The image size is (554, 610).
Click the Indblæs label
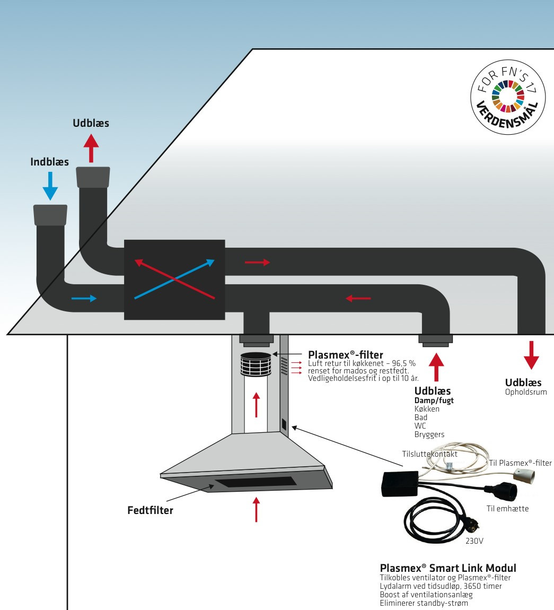click(49, 162)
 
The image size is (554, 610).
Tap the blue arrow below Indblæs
click(50, 185)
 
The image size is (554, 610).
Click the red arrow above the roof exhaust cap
click(91, 147)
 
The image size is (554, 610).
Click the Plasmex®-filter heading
click(346, 354)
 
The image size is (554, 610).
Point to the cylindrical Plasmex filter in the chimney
click(257, 364)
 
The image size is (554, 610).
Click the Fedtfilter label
click(150, 510)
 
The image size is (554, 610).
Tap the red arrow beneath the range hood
click(257, 509)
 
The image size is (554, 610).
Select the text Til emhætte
click(507, 509)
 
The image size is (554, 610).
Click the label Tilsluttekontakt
click(429, 454)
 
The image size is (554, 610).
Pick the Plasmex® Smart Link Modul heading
click(448, 568)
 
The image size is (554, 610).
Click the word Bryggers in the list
click(429, 434)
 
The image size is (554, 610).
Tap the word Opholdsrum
click(526, 392)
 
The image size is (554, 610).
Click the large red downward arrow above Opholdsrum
click(531, 355)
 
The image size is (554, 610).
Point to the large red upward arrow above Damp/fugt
click(436, 366)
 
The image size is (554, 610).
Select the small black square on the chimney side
click(284, 425)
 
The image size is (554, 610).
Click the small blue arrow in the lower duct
click(84, 299)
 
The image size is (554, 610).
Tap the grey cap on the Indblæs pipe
click(50, 214)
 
